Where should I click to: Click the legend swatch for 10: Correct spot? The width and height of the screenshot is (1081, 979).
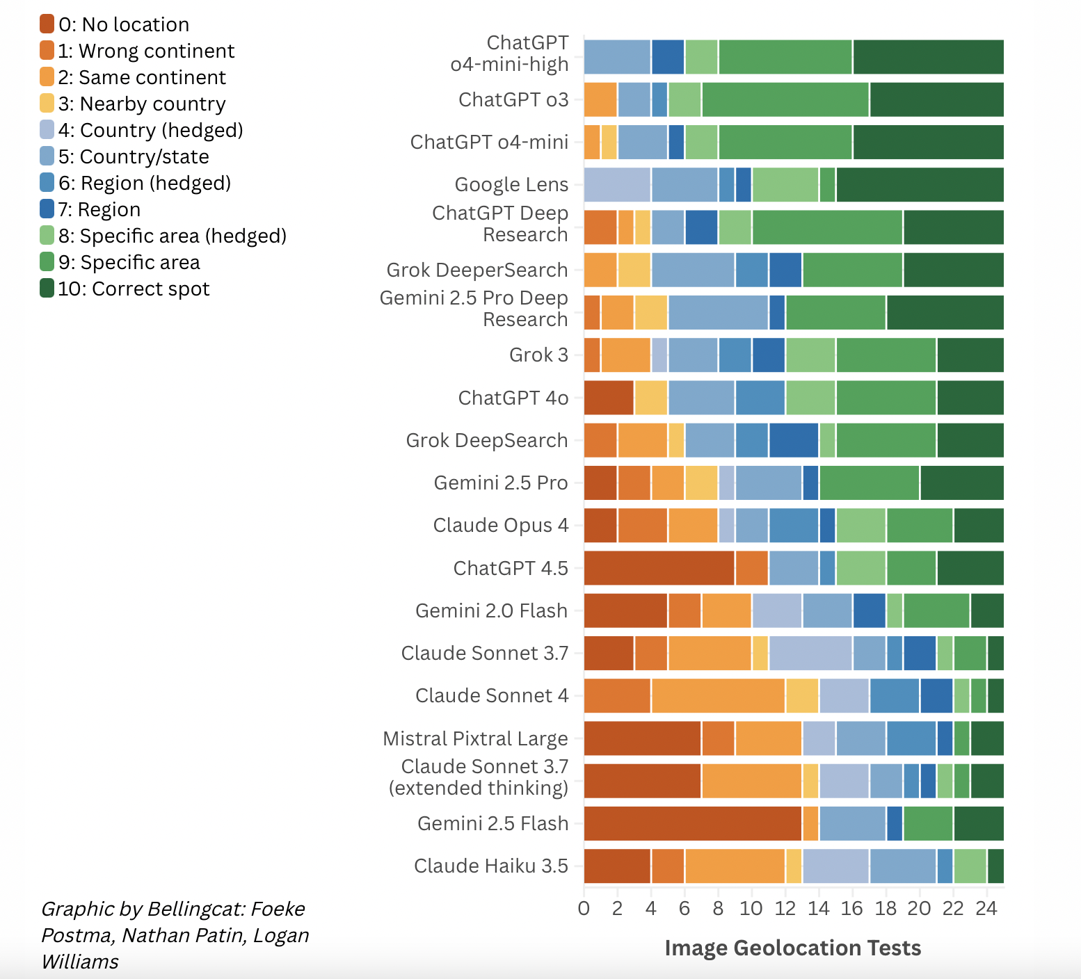(47, 289)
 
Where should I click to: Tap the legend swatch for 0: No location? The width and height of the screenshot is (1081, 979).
(47, 24)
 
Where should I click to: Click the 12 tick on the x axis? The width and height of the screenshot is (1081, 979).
(785, 909)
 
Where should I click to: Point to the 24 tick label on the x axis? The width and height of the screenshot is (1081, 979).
(986, 909)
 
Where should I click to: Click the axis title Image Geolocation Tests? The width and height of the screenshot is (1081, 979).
(792, 948)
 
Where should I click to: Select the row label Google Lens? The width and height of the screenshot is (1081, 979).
(511, 185)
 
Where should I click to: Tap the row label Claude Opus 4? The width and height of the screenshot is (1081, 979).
(500, 526)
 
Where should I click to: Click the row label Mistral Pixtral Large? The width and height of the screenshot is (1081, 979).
(475, 738)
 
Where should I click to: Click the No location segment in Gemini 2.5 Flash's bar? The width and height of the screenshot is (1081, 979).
(693, 824)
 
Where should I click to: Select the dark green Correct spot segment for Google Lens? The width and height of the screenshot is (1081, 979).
(920, 185)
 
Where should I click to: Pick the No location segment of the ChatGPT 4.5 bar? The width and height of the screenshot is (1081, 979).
(659, 569)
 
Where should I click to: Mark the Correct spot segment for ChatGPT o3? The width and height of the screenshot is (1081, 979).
(936, 99)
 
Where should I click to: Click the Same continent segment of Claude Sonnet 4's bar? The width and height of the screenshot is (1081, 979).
(718, 696)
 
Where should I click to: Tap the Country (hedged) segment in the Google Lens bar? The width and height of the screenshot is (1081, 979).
(617, 185)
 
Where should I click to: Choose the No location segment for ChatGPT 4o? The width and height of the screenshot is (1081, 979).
(609, 398)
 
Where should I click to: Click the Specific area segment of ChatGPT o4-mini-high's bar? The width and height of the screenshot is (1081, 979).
(785, 57)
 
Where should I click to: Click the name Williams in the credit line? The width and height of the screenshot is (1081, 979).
(80, 962)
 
